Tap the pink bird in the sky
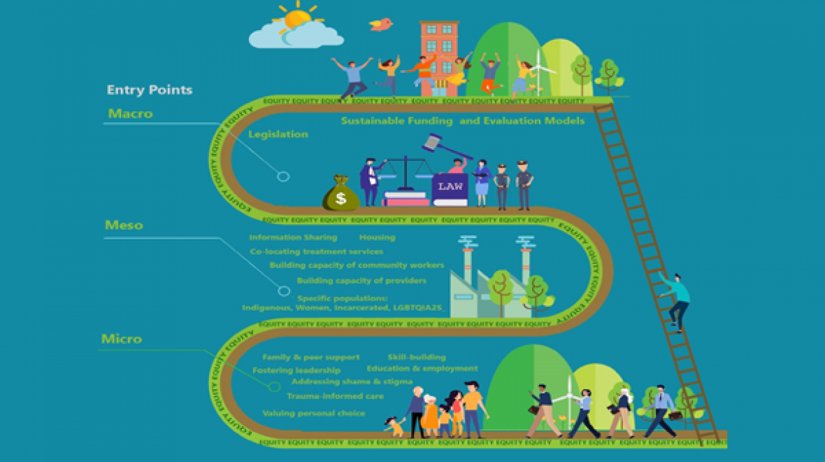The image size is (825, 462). coord(381,24)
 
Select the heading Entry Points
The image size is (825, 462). coord(150,90)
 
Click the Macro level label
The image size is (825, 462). coord(130,113)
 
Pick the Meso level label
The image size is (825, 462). coord(124,225)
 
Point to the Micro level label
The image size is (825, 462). coord(122,339)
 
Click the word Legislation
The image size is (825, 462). coord(278,134)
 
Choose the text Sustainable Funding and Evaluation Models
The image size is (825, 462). coord(462,120)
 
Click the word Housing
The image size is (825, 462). coord(377,237)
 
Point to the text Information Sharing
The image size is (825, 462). coord(293,237)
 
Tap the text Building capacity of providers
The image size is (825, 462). coord(361,281)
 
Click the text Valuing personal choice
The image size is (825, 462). coord(313,414)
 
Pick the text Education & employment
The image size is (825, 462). coord(422,368)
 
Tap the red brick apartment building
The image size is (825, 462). coord(440,52)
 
